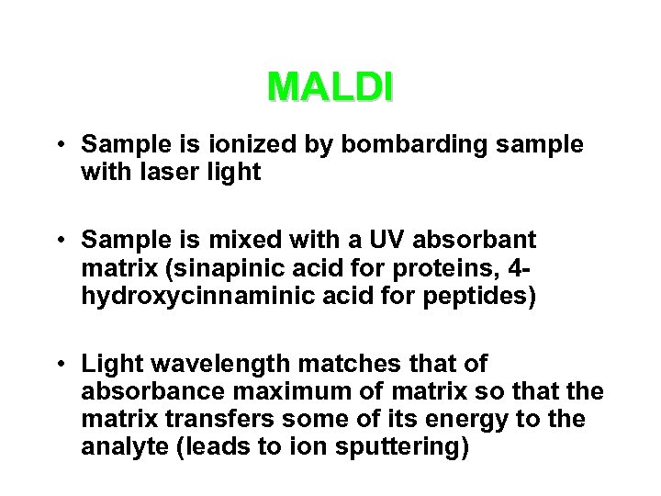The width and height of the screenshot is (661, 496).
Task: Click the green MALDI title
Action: pos(330,87)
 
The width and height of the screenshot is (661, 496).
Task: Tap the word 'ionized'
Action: pos(241,145)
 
